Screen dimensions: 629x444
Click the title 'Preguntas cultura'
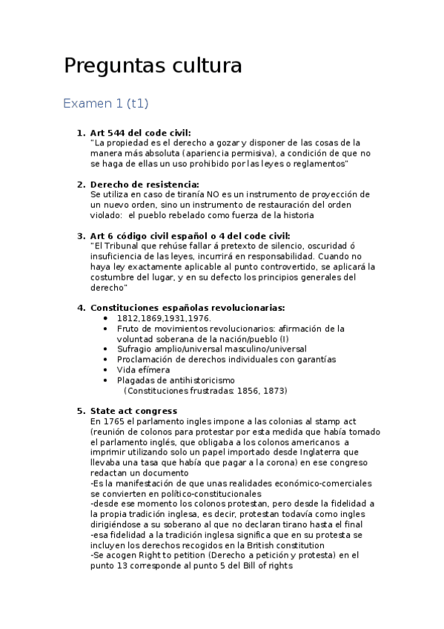tap(153, 66)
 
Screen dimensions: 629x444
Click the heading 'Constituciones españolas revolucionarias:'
tap(187, 308)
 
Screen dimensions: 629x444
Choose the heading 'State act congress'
tap(133, 411)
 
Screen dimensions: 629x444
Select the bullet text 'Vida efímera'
tap(143, 369)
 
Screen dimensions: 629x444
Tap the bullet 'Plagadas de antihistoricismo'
tap(176, 380)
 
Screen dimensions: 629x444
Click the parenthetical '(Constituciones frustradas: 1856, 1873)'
tap(205, 390)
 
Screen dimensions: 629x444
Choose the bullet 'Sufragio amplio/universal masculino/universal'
tap(211, 349)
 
